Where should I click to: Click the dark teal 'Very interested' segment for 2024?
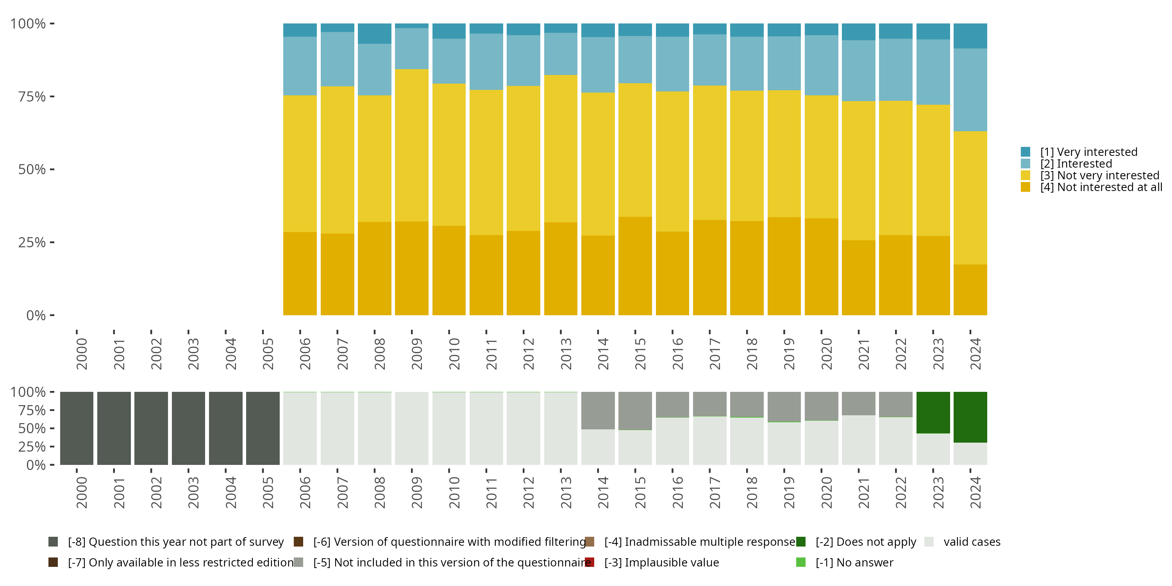(970, 36)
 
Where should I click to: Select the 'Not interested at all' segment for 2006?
(300, 273)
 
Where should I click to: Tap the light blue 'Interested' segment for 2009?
(411, 49)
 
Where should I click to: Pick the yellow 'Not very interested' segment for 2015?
(635, 150)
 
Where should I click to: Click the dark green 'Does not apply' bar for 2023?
(933, 412)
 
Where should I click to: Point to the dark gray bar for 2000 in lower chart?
(77, 428)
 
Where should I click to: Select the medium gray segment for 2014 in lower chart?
(598, 410)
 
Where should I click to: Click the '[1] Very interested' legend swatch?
(1025, 152)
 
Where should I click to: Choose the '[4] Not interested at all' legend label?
(1101, 188)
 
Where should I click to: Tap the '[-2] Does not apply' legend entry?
(865, 542)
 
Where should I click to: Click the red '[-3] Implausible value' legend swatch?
(590, 562)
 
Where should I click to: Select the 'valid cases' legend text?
(972, 542)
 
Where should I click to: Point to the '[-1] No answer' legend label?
(854, 562)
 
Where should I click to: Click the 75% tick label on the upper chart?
(32, 96)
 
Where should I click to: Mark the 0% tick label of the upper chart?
(36, 315)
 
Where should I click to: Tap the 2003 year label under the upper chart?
(193, 354)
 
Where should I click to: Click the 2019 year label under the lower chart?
(789, 492)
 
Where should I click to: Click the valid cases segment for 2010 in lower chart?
(448, 428)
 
